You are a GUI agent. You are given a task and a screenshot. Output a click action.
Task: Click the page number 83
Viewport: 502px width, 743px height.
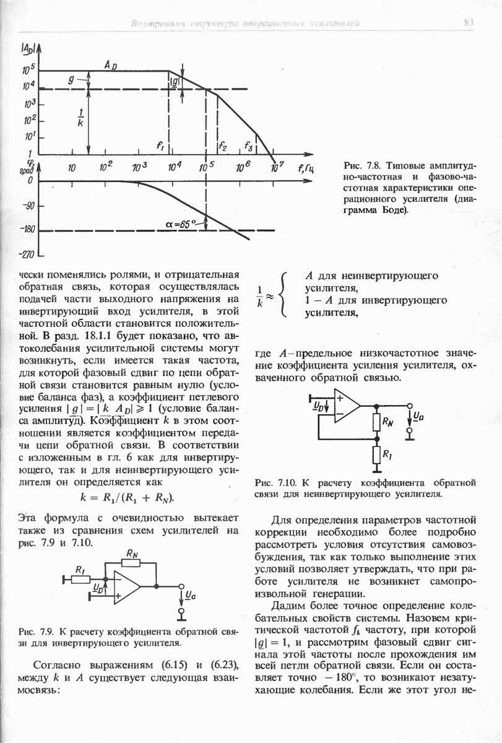pyautogui.click(x=469, y=23)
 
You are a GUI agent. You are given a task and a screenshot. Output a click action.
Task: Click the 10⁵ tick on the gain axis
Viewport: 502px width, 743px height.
pyautogui.click(x=28, y=70)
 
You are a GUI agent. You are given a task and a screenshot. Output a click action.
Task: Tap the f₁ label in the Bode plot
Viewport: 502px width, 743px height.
pyautogui.click(x=160, y=146)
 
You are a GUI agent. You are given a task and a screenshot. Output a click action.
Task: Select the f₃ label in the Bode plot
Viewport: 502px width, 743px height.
pyautogui.click(x=248, y=146)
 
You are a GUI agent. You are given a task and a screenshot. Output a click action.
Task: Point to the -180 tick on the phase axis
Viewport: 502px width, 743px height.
pyautogui.click(x=25, y=230)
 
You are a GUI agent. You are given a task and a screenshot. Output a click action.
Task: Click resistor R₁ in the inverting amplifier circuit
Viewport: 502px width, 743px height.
pyautogui.click(x=80, y=579)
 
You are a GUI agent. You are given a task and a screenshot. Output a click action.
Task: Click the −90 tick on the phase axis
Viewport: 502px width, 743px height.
pyautogui.click(x=27, y=206)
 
